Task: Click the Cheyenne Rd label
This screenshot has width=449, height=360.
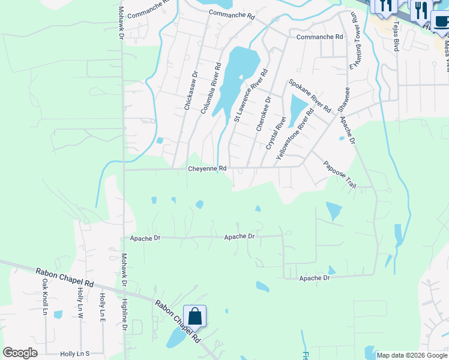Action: pyautogui.click(x=207, y=169)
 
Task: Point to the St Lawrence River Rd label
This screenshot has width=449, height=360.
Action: pyautogui.click(x=251, y=95)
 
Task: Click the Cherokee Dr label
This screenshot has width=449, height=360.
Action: pyautogui.click(x=264, y=113)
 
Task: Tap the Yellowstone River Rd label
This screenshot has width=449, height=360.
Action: pyautogui.click(x=295, y=134)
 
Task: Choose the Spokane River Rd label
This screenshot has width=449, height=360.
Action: pyautogui.click(x=310, y=96)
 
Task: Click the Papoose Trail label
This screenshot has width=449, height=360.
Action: pyautogui.click(x=340, y=175)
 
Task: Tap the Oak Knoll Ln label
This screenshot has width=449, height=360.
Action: pyautogui.click(x=45, y=296)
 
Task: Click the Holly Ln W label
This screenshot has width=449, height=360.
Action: pyautogui.click(x=80, y=302)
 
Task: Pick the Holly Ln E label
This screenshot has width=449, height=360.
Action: pyautogui.click(x=103, y=306)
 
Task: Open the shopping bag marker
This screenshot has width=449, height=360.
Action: pyautogui.click(x=195, y=316)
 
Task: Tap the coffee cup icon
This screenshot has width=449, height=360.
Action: pyautogui.click(x=441, y=22)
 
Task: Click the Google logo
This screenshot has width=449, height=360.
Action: pyautogui.click(x=20, y=353)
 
